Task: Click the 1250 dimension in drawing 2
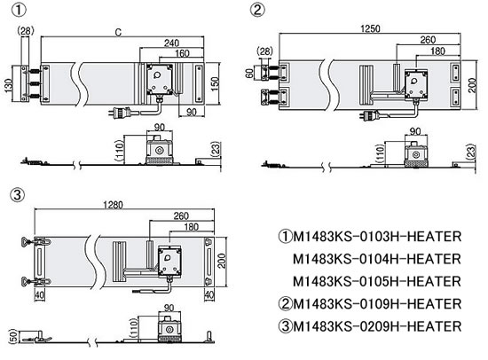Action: [x=370, y=28]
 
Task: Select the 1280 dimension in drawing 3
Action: [x=113, y=205]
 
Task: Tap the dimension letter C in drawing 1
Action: [x=118, y=32]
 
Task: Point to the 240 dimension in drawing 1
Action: [x=171, y=43]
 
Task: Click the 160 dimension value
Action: [x=182, y=53]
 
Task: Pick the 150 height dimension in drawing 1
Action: [x=215, y=83]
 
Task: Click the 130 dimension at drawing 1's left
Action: [x=10, y=85]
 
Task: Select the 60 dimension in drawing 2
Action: [x=249, y=74]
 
